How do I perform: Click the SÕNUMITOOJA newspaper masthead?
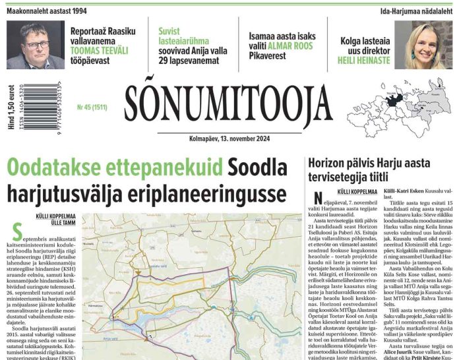(228, 105)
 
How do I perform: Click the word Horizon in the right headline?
(331, 164)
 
